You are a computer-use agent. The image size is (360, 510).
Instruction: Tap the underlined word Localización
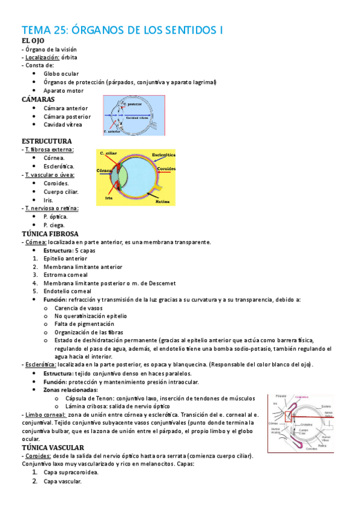45,57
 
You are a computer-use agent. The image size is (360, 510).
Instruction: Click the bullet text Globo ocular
61,74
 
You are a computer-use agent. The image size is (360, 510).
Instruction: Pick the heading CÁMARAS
38,99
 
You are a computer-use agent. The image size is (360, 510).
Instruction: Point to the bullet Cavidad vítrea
63,124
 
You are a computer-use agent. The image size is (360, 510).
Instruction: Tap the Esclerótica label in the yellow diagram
162,155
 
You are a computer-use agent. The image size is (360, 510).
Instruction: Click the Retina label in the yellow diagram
162,201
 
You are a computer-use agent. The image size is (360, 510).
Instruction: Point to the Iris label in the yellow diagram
109,197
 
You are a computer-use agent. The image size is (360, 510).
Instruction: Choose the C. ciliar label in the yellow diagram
109,154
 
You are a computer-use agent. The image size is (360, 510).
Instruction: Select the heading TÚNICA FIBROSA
50,233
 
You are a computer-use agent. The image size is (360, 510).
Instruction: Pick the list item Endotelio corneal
67,291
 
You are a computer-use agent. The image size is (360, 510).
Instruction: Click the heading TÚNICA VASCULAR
52,447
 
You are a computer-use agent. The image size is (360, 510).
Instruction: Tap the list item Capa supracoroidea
71,473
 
